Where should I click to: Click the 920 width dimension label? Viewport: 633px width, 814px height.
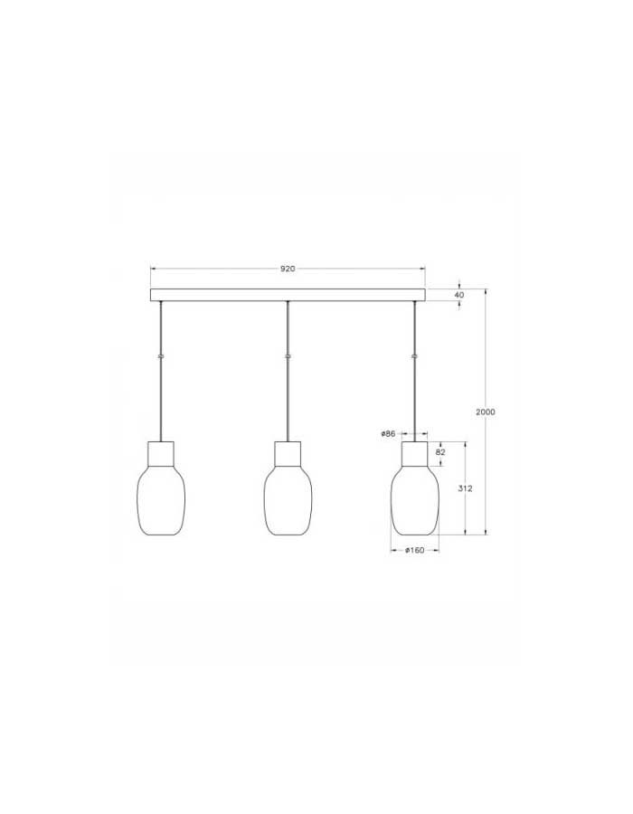(288, 269)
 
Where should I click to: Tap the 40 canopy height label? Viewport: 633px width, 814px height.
(459, 295)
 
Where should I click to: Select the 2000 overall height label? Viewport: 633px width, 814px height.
(486, 412)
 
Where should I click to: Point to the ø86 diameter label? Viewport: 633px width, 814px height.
(388, 433)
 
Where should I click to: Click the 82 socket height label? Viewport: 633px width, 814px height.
(440, 452)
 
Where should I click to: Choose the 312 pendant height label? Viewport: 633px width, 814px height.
(466, 488)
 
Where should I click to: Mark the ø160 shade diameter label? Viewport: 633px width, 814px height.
(414, 550)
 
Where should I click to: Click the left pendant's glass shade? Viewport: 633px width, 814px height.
(161, 499)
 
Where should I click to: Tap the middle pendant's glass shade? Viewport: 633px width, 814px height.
(288, 499)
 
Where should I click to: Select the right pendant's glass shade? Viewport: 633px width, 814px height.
(414, 499)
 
